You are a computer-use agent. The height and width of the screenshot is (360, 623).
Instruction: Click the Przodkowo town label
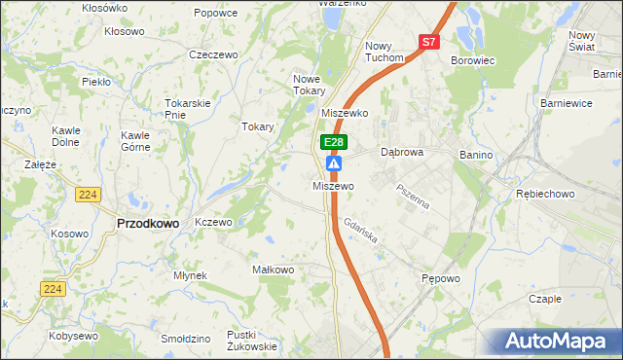coord(148,223)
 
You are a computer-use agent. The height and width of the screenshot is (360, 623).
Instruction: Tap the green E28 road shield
coord(333,142)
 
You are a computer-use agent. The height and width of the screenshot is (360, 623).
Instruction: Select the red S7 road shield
coord(430,42)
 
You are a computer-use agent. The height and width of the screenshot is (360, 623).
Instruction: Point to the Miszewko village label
coord(347,113)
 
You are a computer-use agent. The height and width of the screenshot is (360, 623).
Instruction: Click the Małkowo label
coord(273,270)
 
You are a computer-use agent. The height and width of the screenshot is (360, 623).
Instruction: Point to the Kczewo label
coord(213,222)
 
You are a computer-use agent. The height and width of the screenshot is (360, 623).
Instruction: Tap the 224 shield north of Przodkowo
coord(87,195)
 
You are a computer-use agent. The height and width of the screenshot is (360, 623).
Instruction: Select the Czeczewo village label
coord(214,54)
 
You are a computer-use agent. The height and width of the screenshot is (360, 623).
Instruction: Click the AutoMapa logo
coord(559,341)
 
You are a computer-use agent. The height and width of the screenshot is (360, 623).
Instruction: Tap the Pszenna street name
coord(413,196)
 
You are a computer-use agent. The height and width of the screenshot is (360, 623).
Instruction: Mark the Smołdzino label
coord(186,339)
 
